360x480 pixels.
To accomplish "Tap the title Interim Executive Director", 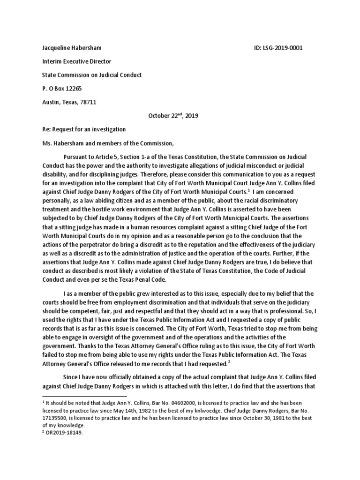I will [77, 62].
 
